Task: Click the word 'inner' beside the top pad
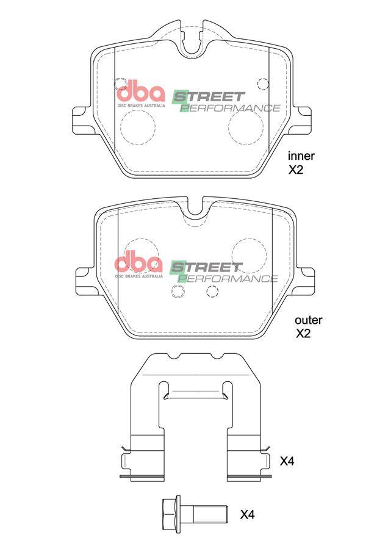coord(301,156)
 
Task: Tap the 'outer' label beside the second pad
coord(308,320)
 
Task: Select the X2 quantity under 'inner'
coord(295,170)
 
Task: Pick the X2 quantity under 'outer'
coord(303,333)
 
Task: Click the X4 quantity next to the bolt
coord(247,515)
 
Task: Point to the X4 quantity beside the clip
coord(287,461)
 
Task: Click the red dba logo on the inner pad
coord(140,93)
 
